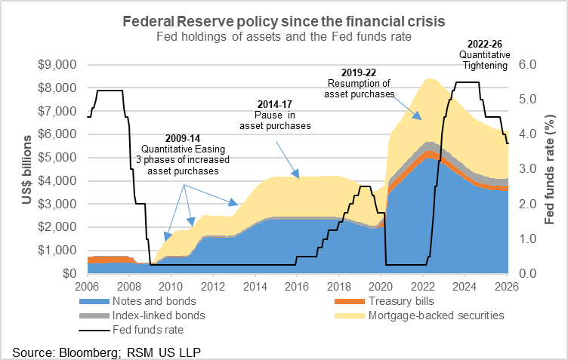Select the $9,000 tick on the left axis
tap(57, 65)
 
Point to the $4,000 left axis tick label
tap(57, 181)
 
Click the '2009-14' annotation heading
tap(184, 139)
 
